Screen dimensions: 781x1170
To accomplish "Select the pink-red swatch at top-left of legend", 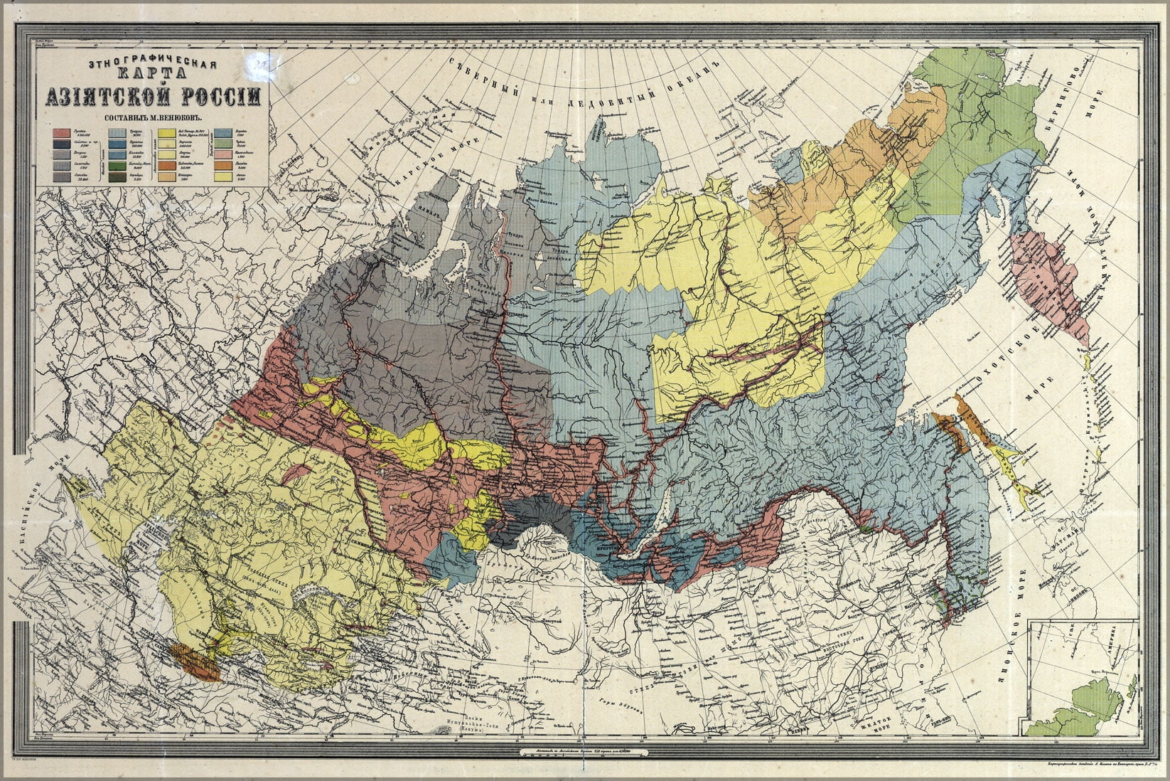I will coord(60,132).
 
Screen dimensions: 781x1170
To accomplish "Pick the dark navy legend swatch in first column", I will coord(60,143).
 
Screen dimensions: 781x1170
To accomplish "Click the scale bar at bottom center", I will coord(584,750).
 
